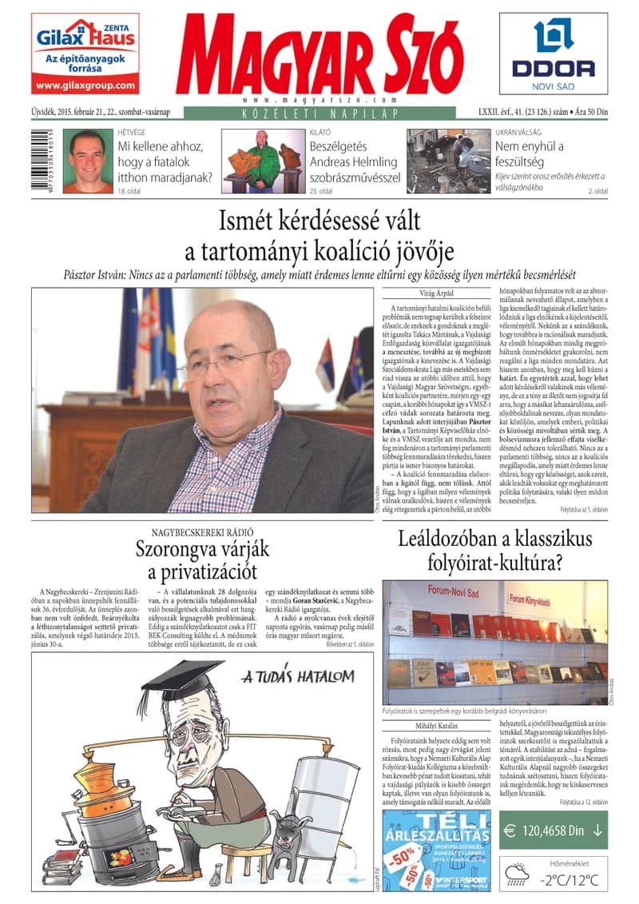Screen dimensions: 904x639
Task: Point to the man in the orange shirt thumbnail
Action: (x=88, y=161)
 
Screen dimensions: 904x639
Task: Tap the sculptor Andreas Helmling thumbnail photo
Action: (x=262, y=161)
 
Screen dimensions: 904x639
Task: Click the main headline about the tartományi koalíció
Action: (x=319, y=236)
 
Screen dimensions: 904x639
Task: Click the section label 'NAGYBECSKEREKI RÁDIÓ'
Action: (x=202, y=532)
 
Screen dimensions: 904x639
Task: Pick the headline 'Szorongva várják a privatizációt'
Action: (x=202, y=560)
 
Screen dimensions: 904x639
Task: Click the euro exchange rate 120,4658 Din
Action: (x=554, y=830)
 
